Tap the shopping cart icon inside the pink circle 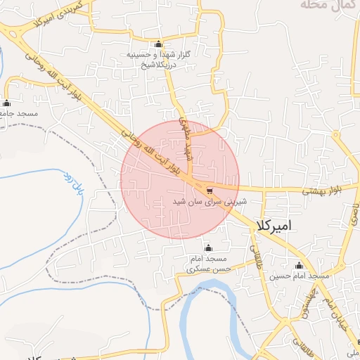point(209,191)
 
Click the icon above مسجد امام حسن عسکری point(207,248)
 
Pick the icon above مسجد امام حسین point(300,266)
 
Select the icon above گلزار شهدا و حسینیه point(158,44)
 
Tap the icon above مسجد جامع point(7,102)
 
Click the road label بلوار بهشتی point(326,191)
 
